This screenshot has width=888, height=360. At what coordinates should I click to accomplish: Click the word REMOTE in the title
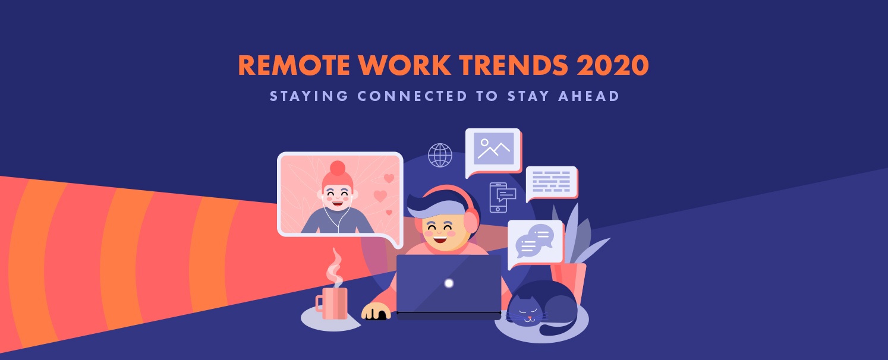[x=294, y=65]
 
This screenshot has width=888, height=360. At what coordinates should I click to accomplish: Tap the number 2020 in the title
[x=612, y=65]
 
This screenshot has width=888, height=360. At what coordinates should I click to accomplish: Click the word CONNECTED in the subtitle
[x=412, y=96]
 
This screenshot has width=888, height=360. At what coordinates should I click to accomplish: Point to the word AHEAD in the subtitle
[x=588, y=96]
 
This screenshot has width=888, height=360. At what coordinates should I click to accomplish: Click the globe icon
[x=440, y=155]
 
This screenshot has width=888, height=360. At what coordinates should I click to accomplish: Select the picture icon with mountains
[x=493, y=150]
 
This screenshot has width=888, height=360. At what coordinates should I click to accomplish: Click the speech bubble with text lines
[x=552, y=182]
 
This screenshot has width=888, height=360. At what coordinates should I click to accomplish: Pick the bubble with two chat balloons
[x=535, y=243]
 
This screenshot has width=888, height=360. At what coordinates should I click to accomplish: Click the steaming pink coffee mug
[x=332, y=303]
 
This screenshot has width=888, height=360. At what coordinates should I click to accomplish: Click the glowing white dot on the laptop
[x=449, y=283]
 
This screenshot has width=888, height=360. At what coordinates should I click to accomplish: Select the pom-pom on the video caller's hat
[x=338, y=168]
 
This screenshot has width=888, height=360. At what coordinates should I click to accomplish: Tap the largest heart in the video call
[x=380, y=195]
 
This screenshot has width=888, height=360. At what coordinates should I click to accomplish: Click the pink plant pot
[x=569, y=282]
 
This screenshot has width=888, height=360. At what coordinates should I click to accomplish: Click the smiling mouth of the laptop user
[x=440, y=239]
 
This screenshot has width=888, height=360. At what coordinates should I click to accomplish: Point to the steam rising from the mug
[x=335, y=268]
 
